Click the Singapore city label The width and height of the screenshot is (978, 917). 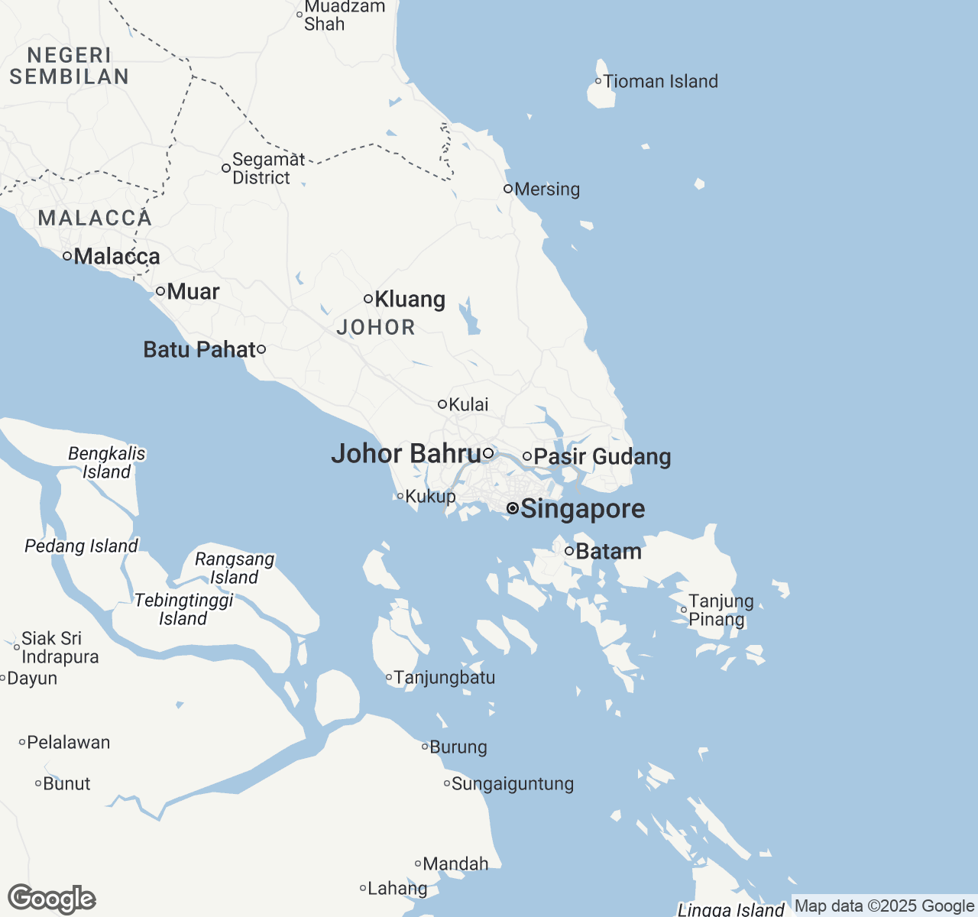582,509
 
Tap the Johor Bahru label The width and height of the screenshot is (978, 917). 406,454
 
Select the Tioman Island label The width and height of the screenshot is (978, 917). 661,82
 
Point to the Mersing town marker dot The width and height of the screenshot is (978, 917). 508,189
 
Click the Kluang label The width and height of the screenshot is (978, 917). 410,300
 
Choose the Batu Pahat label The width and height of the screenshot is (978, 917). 199,350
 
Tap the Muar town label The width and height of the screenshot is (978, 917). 193,292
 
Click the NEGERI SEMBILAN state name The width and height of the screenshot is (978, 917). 70,66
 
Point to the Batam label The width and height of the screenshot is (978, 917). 608,552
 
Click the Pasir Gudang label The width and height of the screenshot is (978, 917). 602,457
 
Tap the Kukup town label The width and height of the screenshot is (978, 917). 430,497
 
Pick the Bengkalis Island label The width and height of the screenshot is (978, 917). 106,463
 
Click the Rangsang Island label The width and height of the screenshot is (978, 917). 235,569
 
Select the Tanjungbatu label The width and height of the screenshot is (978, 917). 444,678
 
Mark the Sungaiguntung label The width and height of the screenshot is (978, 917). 512,784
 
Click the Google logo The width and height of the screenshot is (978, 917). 52,899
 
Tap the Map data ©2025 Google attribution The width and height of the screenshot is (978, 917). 884,906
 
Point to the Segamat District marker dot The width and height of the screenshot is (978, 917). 226,168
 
